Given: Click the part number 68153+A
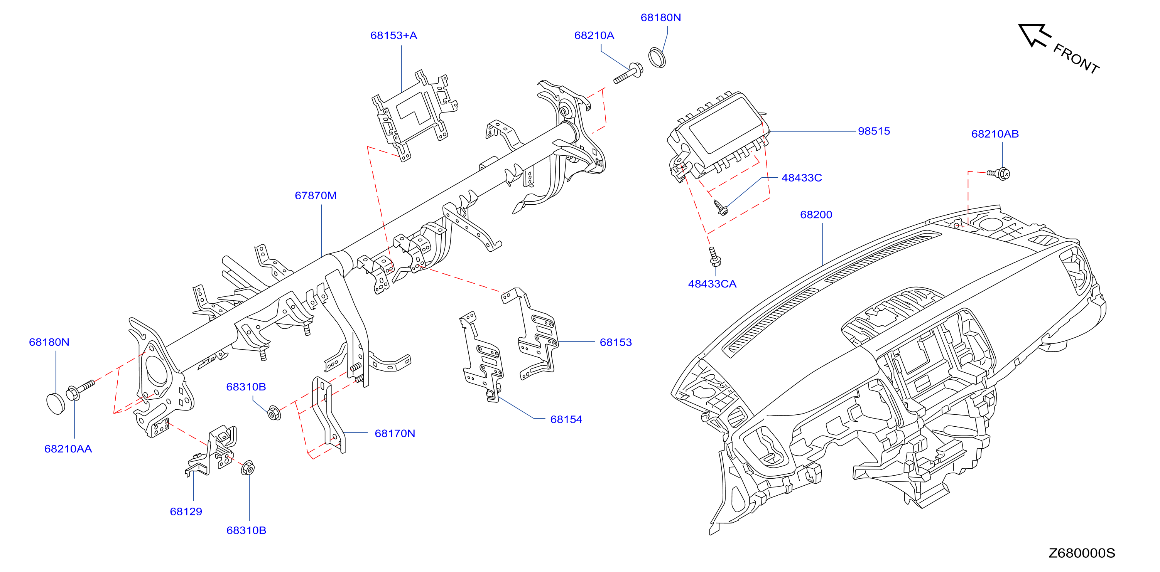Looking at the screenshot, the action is (x=393, y=35).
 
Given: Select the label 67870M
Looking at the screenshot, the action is (x=316, y=196).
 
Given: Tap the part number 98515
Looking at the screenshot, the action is (x=874, y=131).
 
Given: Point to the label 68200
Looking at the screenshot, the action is (x=816, y=215).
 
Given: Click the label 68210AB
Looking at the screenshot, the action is (x=995, y=134).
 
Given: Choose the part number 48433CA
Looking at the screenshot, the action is (x=712, y=284).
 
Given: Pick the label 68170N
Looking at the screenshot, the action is (x=395, y=433).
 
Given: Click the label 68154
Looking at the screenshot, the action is (x=566, y=419).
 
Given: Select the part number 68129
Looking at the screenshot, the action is (x=186, y=512).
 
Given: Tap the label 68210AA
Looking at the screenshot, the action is (x=68, y=449).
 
